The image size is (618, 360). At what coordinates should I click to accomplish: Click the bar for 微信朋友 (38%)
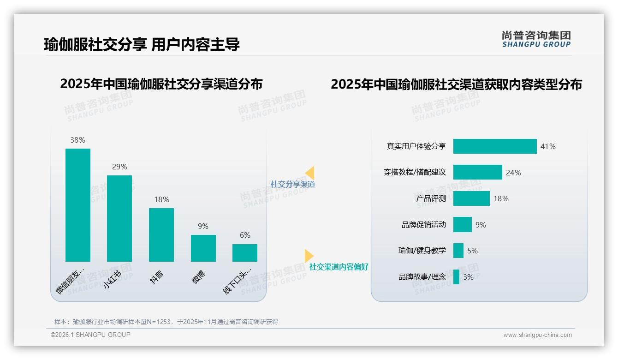[78, 205]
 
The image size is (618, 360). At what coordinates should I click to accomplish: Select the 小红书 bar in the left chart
[119, 218]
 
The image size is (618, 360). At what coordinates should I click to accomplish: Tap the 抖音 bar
[161, 234]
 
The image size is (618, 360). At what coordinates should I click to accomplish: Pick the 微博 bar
[203, 248]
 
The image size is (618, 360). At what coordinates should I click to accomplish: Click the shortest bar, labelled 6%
[245, 252]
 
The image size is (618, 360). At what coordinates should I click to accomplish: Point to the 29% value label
[119, 167]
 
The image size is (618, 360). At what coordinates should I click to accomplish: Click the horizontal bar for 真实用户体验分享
[495, 146]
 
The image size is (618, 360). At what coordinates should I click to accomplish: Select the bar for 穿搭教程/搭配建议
[477, 172]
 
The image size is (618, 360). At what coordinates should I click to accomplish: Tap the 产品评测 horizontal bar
[471, 198]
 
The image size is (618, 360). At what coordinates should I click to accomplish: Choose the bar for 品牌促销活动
[462, 225]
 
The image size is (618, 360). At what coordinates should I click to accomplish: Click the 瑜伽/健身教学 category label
[422, 251]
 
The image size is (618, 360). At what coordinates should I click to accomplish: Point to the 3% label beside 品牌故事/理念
[469, 277]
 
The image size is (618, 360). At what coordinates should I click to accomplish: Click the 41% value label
[548, 146]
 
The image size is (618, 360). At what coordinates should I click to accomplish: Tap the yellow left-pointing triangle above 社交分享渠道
[310, 173]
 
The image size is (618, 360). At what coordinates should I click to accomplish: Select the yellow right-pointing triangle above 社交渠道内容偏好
[309, 255]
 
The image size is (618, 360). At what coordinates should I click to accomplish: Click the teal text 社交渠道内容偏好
[339, 267]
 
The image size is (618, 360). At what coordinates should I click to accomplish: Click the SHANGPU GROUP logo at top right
[536, 39]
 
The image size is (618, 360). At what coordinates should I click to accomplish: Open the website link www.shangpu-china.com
[537, 335]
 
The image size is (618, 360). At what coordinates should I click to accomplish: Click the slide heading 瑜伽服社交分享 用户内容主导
[142, 45]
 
